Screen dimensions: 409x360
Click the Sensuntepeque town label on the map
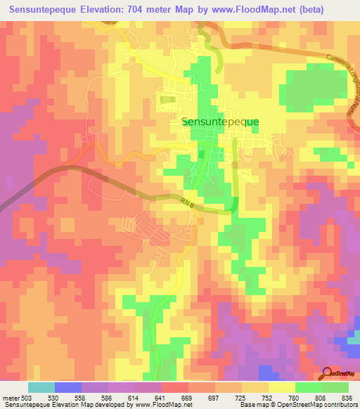pos(220,121)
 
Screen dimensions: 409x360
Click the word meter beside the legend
pos(10,398)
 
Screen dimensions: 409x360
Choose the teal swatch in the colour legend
pos(41,387)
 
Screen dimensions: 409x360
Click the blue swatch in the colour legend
pos(68,387)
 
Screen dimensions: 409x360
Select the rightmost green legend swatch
pos(335,387)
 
